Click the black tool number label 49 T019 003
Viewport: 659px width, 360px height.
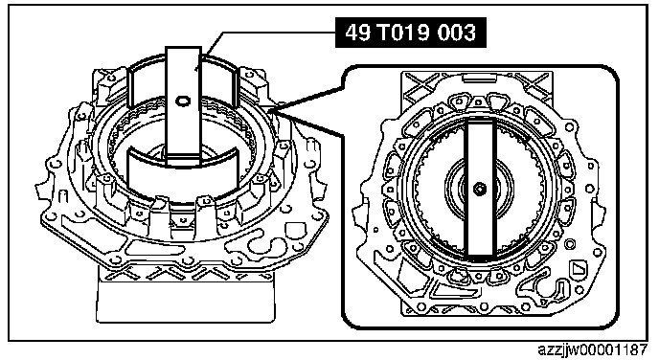pos(411,33)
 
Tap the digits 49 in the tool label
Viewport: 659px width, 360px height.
pos(358,33)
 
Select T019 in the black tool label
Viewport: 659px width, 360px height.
pos(403,33)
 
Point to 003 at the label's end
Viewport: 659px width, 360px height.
pos(456,33)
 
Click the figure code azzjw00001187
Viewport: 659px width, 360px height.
pos(593,349)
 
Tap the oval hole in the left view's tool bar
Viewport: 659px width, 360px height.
pos(183,101)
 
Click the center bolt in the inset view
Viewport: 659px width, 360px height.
pos(479,189)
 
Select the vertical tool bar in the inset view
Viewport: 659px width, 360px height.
pos(480,189)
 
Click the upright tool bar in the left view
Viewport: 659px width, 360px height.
pos(183,106)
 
